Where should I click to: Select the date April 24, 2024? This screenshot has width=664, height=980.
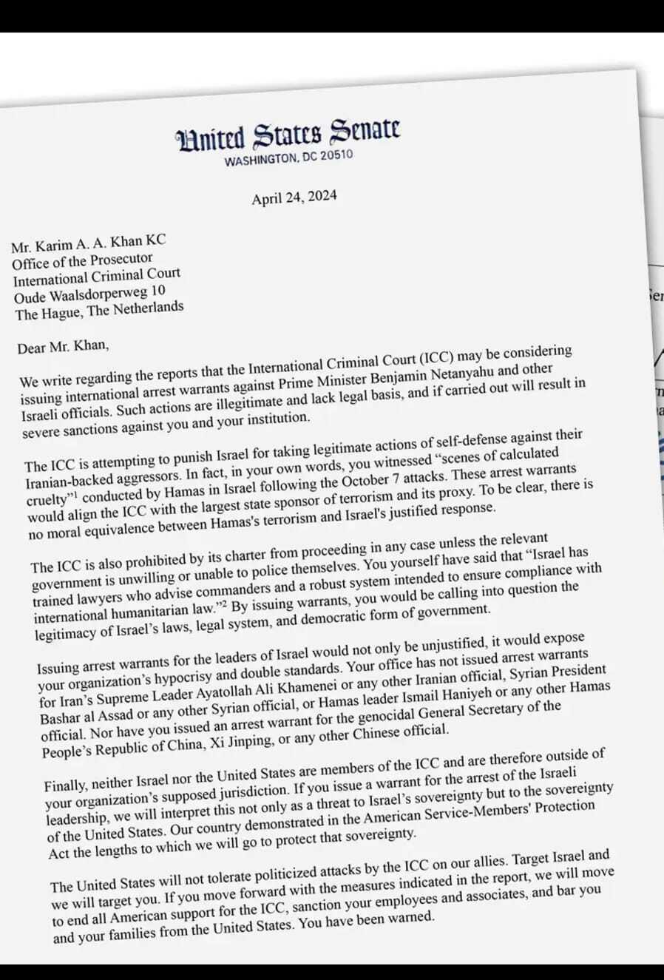294,197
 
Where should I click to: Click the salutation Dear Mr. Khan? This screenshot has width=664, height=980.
63,346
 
